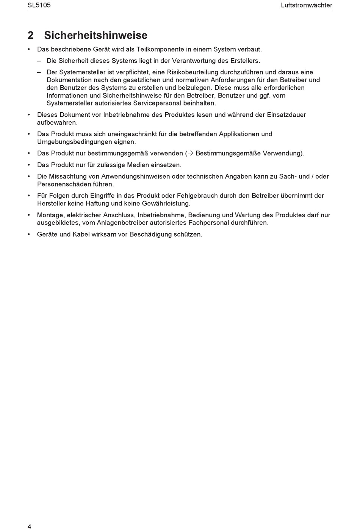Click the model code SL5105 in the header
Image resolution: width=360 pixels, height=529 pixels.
tap(39, 5)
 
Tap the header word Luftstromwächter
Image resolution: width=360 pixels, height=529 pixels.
tap(306, 5)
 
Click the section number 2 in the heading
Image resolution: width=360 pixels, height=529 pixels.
tap(31, 35)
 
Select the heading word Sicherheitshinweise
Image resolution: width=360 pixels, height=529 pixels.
tap(95, 35)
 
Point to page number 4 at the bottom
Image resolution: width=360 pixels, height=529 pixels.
tap(29, 526)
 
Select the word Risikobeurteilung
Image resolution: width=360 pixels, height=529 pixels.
tap(193, 72)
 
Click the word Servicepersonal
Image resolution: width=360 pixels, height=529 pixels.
tap(157, 103)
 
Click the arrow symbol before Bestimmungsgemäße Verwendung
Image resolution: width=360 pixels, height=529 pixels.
tap(191, 154)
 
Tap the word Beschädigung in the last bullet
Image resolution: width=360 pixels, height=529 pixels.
tap(150, 234)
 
